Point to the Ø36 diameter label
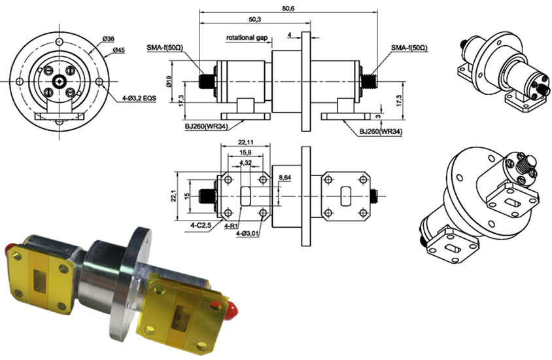(x=109, y=40)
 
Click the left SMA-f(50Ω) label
(x=187, y=48)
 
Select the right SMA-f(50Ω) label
(x=409, y=48)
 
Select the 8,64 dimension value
(x=285, y=177)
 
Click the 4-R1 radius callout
(x=232, y=225)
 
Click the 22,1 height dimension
(x=174, y=196)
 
